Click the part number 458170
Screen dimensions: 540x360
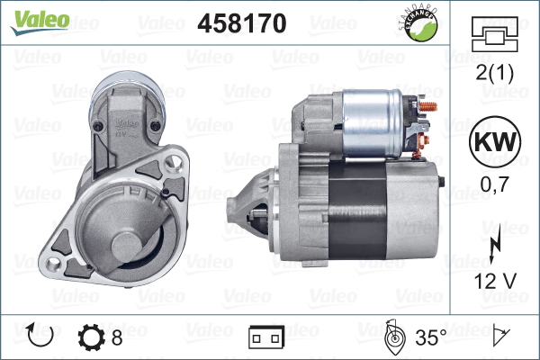[x=242, y=23]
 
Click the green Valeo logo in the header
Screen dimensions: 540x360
[x=40, y=22]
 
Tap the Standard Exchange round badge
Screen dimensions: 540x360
[x=419, y=23]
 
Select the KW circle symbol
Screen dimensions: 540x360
[x=495, y=141]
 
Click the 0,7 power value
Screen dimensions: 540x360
[x=494, y=184]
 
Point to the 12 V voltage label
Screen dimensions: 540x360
[x=495, y=281]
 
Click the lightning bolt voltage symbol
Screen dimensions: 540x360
[x=495, y=248]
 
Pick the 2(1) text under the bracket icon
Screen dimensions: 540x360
[x=494, y=73]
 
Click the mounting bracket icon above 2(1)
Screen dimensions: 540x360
[x=494, y=34]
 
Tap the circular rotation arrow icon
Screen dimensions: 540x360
[x=40, y=335]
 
